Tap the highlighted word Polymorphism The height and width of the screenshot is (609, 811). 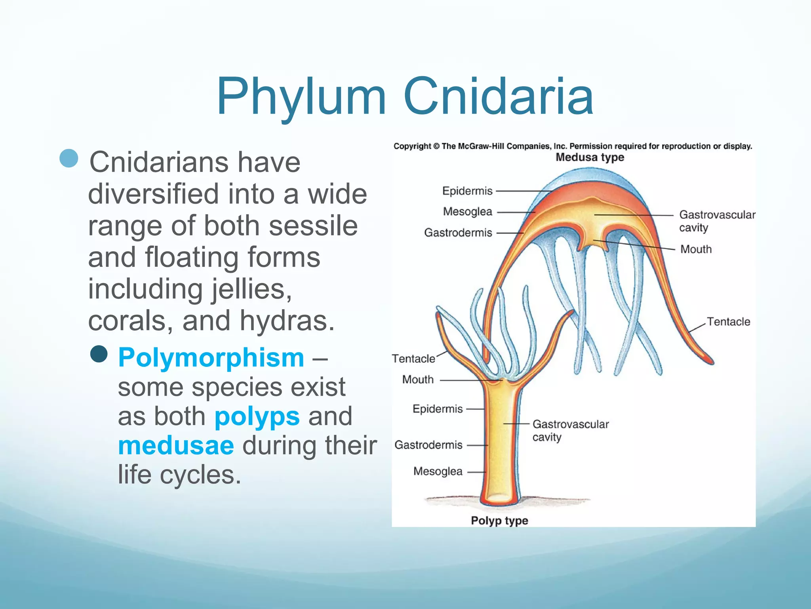211,357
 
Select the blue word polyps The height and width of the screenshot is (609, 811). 257,416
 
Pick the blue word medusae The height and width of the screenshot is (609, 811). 176,445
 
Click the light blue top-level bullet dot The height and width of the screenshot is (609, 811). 69,158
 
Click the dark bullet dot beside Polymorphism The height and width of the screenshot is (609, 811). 99,354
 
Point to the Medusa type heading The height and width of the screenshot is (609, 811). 590,157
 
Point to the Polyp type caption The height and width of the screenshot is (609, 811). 499,521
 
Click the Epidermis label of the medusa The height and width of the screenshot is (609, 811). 467,191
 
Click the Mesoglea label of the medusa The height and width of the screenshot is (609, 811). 467,211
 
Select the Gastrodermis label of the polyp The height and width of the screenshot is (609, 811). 428,445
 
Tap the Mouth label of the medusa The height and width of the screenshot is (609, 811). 696,249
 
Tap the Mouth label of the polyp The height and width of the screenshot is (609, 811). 418,379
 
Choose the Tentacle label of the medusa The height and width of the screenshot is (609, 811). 728,322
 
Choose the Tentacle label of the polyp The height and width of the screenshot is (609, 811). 413,358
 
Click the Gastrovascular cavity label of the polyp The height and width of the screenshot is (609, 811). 570,430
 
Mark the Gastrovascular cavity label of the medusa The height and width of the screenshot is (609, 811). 717,221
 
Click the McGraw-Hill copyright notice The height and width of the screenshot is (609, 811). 573,146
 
